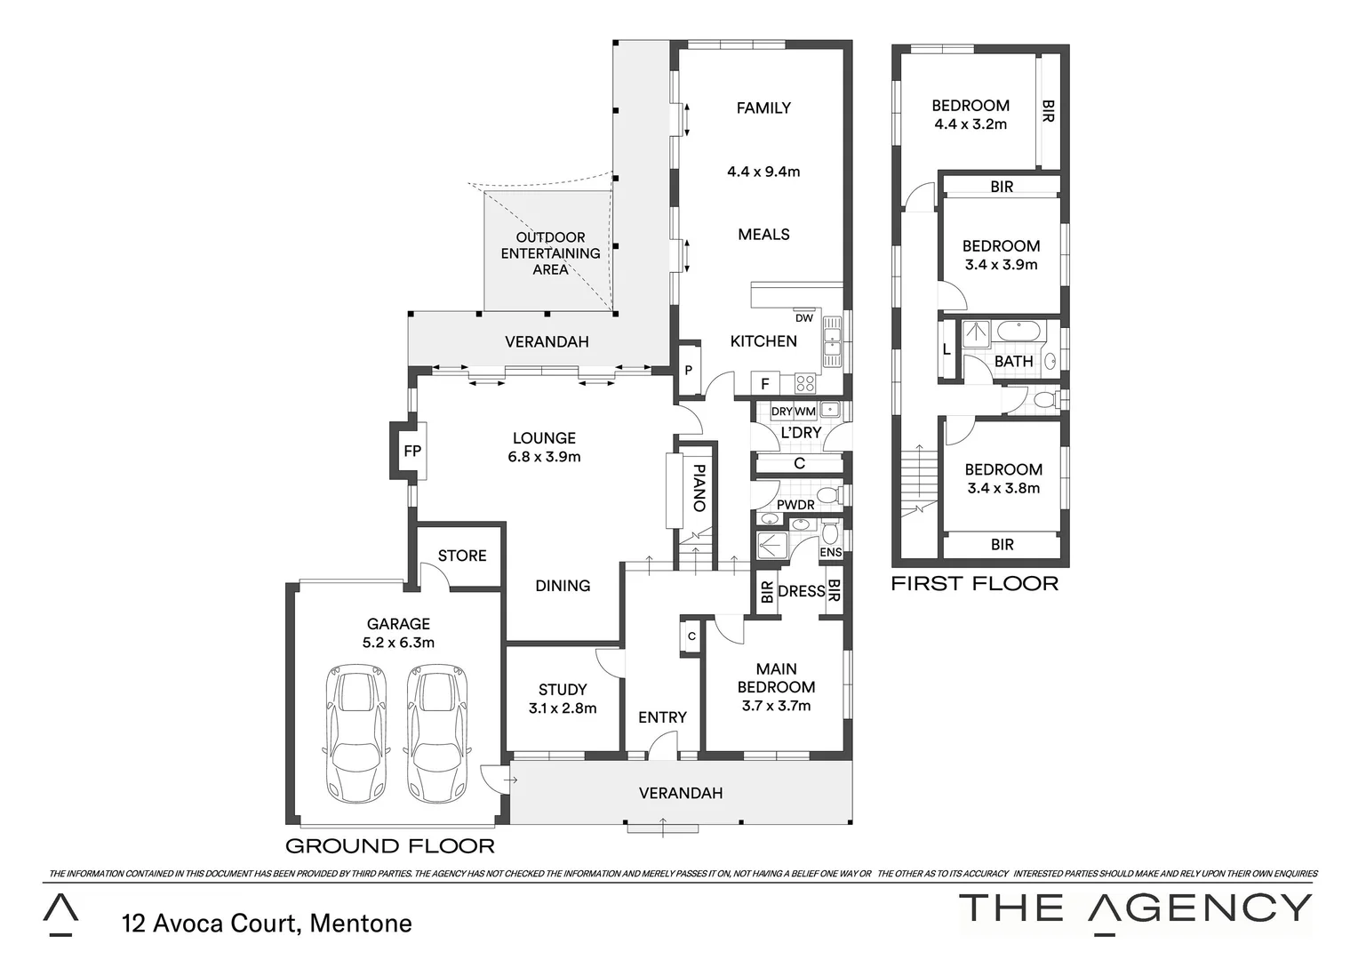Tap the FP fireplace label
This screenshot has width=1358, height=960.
(411, 452)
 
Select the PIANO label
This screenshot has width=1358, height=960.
(699, 488)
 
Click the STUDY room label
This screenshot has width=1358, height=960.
(562, 690)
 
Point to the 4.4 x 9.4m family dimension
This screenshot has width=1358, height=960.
(763, 172)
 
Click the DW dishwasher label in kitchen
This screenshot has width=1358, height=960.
(803, 318)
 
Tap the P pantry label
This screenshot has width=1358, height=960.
(688, 370)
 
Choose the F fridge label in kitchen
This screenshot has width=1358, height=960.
(764, 384)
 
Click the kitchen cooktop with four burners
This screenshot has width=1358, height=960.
(804, 383)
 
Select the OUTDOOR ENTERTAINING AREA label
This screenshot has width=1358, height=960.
(550, 253)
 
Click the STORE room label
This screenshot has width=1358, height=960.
(462, 556)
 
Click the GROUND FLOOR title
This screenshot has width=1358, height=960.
(389, 846)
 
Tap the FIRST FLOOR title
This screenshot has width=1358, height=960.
(974, 584)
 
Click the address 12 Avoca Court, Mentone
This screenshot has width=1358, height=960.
(267, 924)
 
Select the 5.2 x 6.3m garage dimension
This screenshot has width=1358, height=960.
(398, 643)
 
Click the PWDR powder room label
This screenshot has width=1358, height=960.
(795, 505)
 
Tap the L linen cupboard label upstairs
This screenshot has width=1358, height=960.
(947, 350)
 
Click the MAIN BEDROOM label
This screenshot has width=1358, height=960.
(776, 678)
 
